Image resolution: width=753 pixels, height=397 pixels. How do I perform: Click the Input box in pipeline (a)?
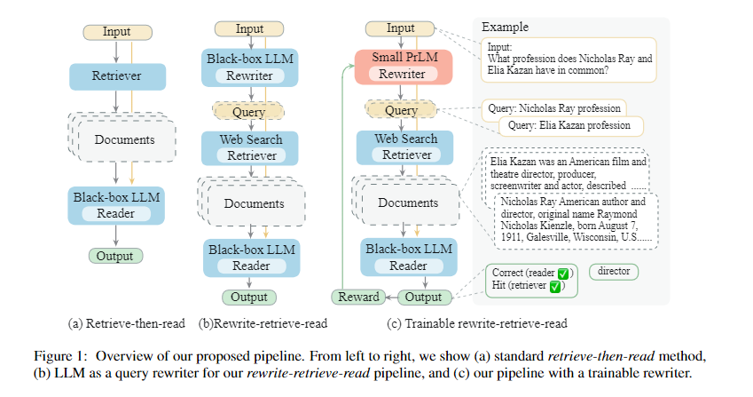click(x=116, y=32)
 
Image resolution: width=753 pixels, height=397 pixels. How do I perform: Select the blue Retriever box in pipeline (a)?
click(x=116, y=75)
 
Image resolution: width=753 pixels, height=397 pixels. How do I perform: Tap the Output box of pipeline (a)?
click(x=116, y=256)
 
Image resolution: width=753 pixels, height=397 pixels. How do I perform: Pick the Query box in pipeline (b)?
click(x=248, y=112)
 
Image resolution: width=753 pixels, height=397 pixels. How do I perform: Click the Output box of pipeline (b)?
click(x=248, y=297)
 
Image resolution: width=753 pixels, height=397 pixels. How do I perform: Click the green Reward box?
click(x=359, y=297)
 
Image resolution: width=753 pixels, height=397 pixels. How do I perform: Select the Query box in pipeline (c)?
click(x=402, y=111)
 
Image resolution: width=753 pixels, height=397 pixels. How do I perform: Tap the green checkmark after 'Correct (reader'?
click(x=562, y=273)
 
